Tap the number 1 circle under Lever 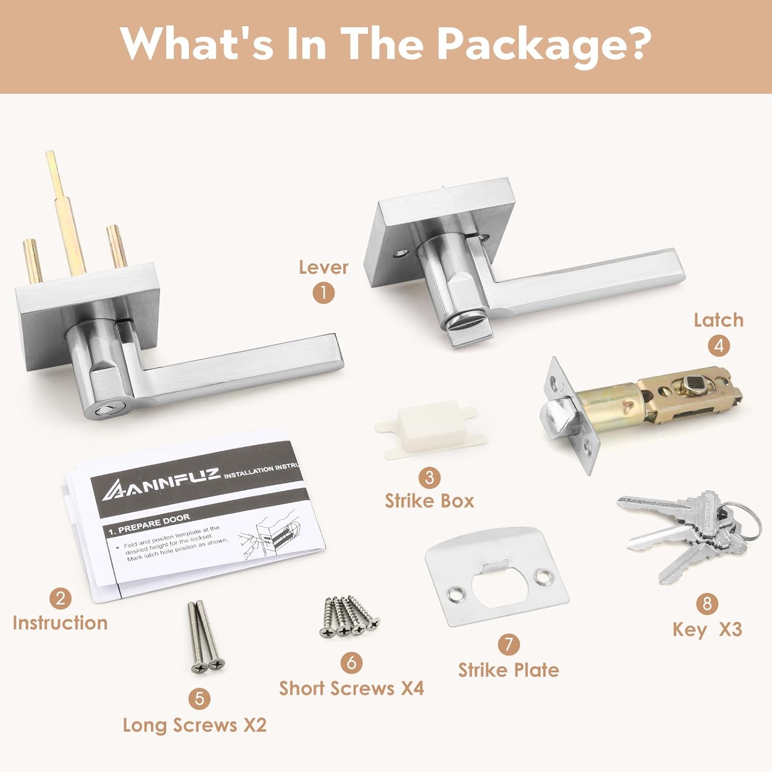pyautogui.click(x=323, y=293)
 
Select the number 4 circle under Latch pyautogui.click(x=718, y=345)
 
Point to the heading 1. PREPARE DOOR pyautogui.click(x=149, y=524)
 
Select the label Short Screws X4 pyautogui.click(x=352, y=688)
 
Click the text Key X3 pyautogui.click(x=707, y=629)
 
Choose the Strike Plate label pyautogui.click(x=508, y=670)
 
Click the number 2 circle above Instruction pyautogui.click(x=61, y=598)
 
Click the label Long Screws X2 pyautogui.click(x=195, y=725)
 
